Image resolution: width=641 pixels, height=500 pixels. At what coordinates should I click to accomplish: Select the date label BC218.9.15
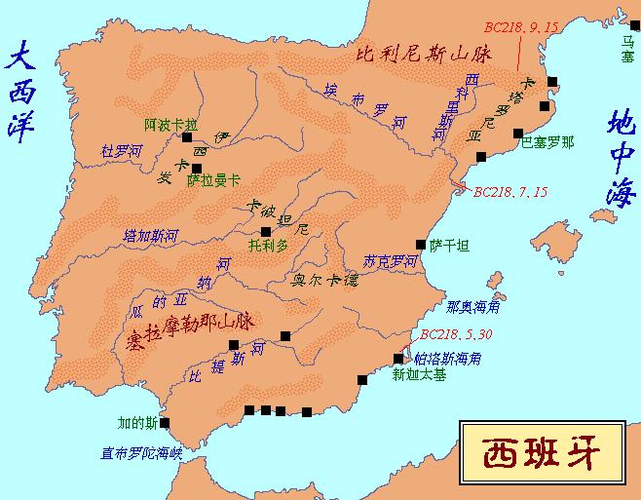pyautogui.click(x=524, y=26)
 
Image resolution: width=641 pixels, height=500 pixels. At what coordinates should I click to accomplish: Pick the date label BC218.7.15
pyautogui.click(x=509, y=191)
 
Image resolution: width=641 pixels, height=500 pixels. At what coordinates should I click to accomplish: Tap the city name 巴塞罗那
pyautogui.click(x=548, y=141)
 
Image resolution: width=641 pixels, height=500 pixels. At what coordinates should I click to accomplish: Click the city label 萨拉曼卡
pyautogui.click(x=213, y=180)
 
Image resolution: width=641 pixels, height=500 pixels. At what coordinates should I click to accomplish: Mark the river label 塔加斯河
pyautogui.click(x=152, y=235)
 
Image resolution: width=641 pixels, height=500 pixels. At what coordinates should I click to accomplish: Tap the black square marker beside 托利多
pyautogui.click(x=266, y=231)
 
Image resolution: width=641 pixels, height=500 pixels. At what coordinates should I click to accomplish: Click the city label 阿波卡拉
pyautogui.click(x=170, y=125)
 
